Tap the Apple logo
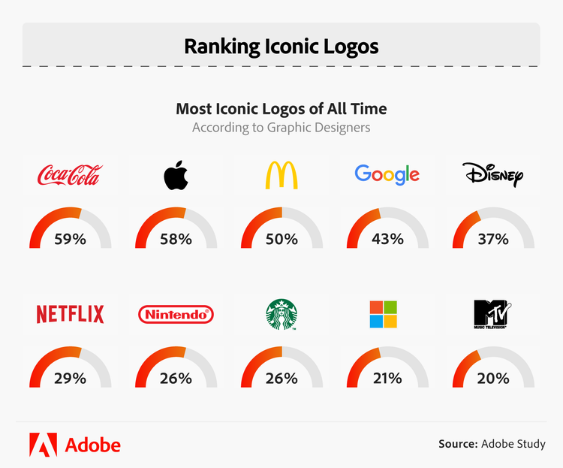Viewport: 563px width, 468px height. (x=176, y=175)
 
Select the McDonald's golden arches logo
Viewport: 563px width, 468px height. (x=281, y=175)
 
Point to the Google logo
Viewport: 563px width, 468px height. (x=387, y=175)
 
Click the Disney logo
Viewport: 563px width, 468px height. (x=492, y=176)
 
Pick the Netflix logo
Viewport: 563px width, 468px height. (x=70, y=314)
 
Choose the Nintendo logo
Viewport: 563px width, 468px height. (x=176, y=314)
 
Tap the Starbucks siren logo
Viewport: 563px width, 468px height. (x=281, y=314)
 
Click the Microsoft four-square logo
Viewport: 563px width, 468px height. (x=387, y=314)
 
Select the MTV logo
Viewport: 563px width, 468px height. (x=492, y=314)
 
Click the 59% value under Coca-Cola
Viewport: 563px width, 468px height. (x=70, y=240)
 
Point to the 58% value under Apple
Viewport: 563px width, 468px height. (x=176, y=240)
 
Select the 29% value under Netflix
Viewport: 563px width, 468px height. (x=70, y=379)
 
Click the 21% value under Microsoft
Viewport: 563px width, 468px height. (x=387, y=379)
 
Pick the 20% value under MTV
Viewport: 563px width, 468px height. (x=492, y=379)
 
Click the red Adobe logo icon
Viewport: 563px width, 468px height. (x=43, y=445)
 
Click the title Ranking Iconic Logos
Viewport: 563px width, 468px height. (x=281, y=47)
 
